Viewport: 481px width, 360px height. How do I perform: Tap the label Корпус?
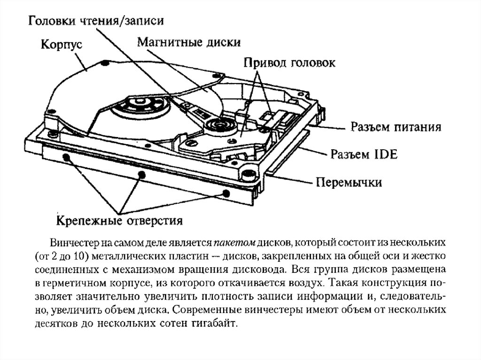[62, 46]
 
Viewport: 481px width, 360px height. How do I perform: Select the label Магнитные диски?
[189, 43]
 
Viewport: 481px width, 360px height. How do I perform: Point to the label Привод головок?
[289, 63]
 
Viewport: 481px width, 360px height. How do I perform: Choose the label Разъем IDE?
[365, 154]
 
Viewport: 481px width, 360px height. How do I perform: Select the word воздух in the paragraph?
[306, 284]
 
